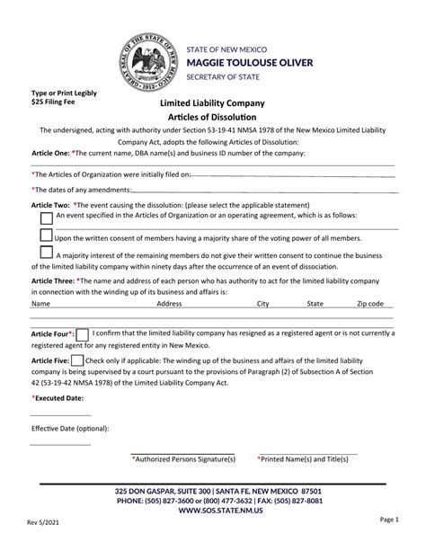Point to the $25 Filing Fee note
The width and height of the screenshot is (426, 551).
point(56,102)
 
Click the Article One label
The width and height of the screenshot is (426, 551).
point(47,154)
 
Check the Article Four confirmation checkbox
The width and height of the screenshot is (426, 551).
point(82,333)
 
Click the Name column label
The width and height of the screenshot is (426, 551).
point(41,305)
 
